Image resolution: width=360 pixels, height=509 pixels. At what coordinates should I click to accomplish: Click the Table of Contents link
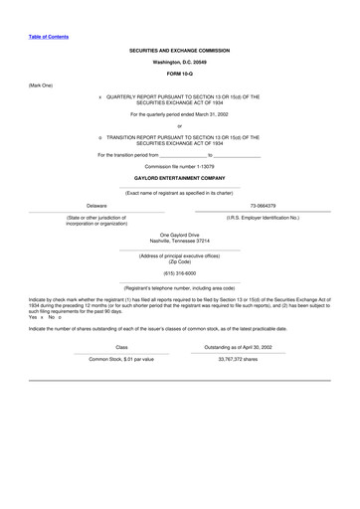[49, 37]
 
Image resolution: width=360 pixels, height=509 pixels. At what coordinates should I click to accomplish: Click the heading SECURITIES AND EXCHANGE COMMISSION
[179, 50]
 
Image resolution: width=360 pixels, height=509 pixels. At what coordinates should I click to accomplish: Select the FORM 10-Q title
[179, 74]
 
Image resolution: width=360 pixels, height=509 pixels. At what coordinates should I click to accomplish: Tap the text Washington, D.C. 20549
[179, 62]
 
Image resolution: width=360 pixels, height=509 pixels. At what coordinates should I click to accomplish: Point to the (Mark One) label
[41, 85]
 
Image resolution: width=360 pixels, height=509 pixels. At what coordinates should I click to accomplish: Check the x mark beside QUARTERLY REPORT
[100, 97]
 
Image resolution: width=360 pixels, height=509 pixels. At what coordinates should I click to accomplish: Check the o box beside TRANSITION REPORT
[100, 137]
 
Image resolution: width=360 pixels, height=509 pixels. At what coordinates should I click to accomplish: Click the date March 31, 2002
[206, 115]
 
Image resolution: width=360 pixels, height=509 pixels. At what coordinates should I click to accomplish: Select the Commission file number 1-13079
[179, 166]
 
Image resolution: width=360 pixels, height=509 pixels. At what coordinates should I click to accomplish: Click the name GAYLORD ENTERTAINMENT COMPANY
[179, 178]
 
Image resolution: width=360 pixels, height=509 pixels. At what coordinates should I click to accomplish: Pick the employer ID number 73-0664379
[263, 206]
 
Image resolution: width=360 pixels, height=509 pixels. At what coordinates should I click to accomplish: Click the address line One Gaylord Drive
[179, 235]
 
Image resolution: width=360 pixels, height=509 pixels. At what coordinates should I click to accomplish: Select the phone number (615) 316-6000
[179, 272]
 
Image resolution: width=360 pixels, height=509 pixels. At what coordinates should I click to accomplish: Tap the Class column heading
[121, 347]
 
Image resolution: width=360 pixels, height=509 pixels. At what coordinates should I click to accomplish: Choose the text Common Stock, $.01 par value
[121, 359]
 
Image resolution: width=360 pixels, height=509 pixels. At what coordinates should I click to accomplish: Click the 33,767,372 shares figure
[238, 359]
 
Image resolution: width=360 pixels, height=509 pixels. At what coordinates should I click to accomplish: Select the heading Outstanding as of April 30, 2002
[238, 347]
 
